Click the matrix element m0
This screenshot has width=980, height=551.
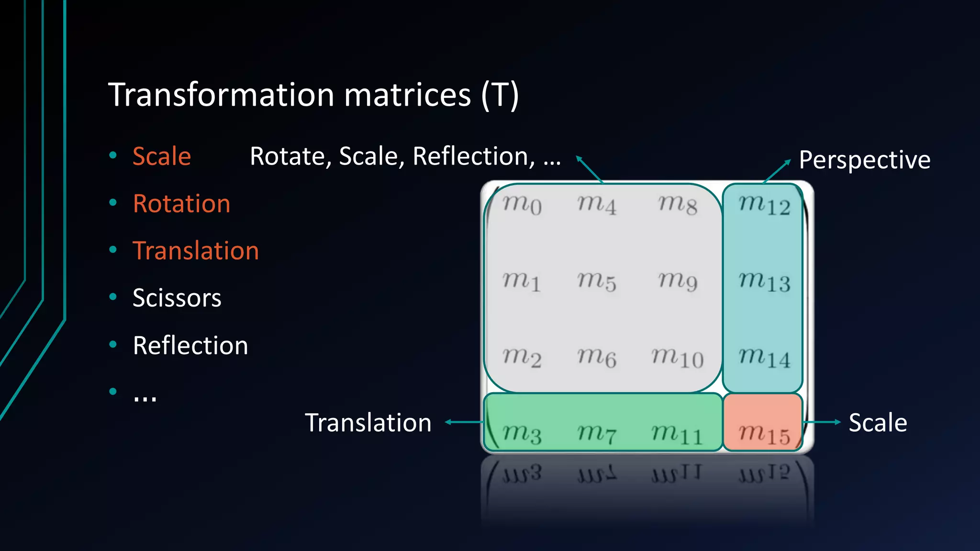(x=522, y=205)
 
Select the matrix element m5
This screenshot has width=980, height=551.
(x=596, y=281)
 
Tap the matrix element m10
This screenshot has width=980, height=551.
(x=677, y=358)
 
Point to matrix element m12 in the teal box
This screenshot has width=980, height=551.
(x=764, y=205)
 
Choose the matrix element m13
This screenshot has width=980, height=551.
(x=764, y=281)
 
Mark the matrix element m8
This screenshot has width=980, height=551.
(x=677, y=205)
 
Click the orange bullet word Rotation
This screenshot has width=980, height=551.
(x=182, y=203)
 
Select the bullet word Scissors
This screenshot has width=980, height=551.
(x=177, y=298)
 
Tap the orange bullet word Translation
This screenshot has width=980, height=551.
(x=196, y=251)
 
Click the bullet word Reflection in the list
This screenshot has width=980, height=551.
(x=190, y=345)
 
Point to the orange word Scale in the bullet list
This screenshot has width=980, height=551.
(x=162, y=156)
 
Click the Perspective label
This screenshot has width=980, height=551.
(x=864, y=160)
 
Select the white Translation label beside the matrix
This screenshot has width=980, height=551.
(x=368, y=423)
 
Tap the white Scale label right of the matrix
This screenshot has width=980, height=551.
(x=878, y=423)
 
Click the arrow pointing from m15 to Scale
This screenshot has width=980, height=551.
(x=822, y=422)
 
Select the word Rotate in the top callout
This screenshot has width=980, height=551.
(x=287, y=156)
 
